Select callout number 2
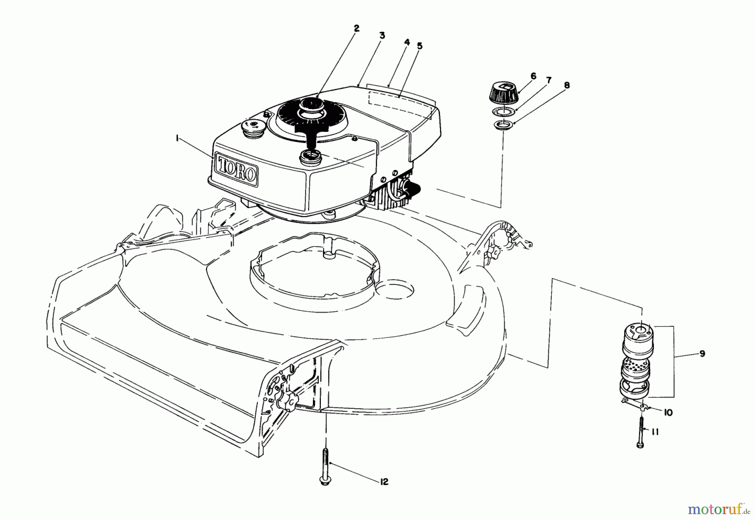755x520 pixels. click(x=356, y=29)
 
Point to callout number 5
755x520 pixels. click(x=419, y=46)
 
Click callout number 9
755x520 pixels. click(x=702, y=354)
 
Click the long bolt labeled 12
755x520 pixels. click(x=325, y=466)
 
